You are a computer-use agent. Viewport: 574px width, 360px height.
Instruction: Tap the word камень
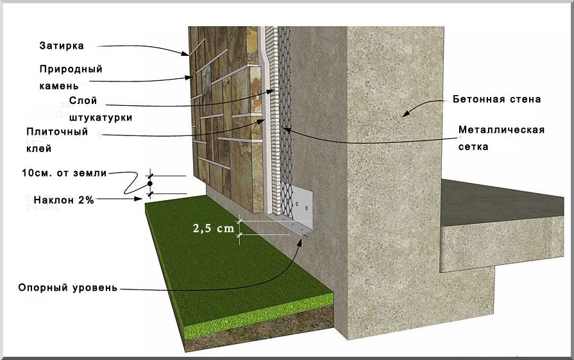point(62,85)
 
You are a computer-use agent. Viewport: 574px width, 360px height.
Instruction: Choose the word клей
point(38,148)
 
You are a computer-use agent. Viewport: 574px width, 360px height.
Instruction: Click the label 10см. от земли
point(63,173)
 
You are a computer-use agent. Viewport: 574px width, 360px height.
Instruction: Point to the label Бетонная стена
point(497,99)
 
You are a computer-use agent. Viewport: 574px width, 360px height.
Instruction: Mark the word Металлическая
point(502,130)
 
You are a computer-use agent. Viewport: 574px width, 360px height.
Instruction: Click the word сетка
point(474,146)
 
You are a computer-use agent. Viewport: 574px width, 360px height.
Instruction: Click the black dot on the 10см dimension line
point(149,184)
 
